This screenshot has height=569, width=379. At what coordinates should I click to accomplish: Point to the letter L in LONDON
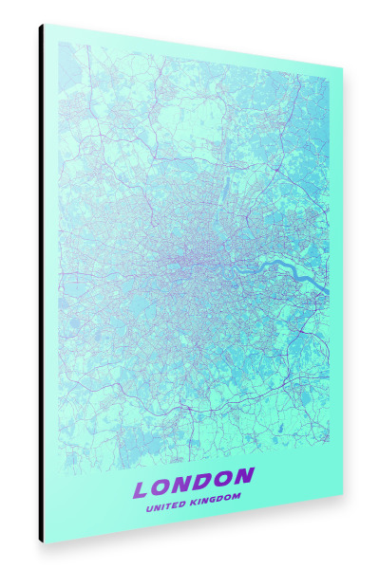(142, 490)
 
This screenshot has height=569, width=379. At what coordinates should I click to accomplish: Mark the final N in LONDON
(244, 475)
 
